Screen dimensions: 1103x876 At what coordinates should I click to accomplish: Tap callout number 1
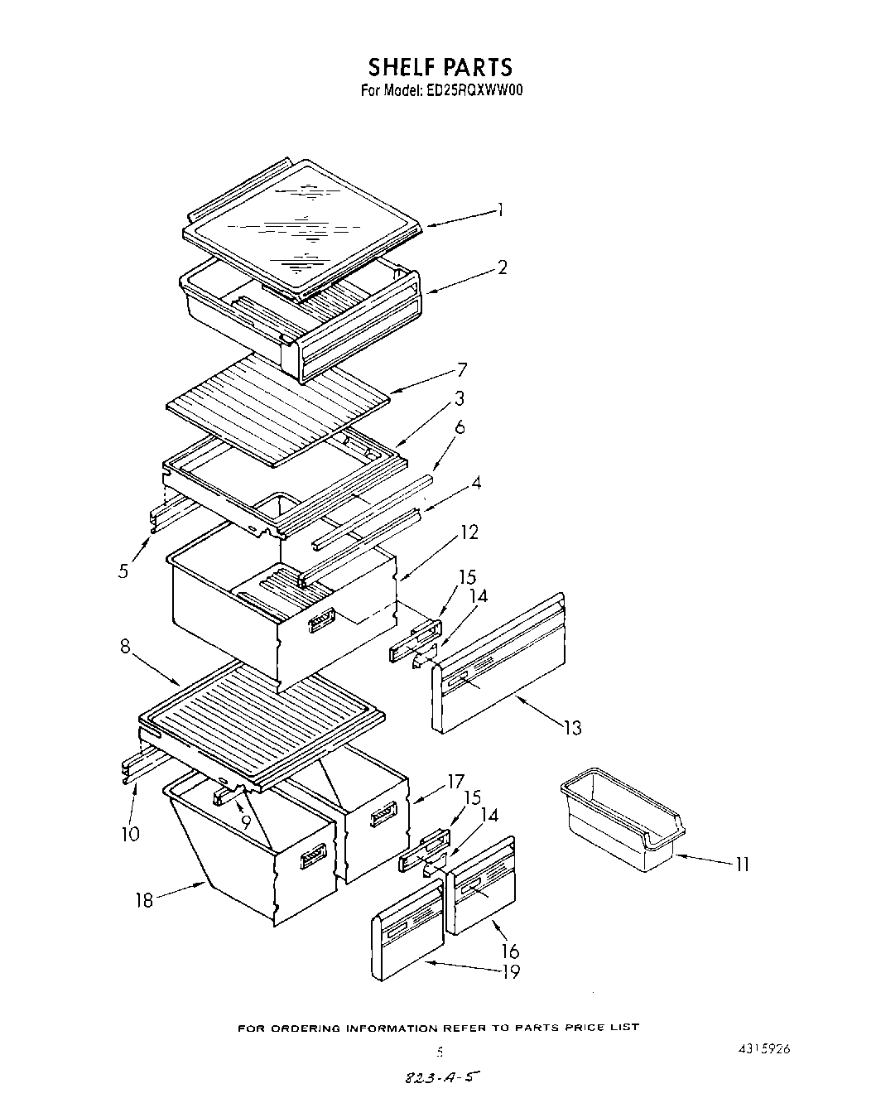coord(500,210)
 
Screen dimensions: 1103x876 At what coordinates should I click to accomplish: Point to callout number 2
coord(502,267)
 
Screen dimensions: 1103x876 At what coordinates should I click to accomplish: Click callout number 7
coord(462,370)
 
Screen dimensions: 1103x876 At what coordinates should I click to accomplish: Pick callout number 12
coord(469,532)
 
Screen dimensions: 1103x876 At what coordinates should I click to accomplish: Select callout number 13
coord(572,728)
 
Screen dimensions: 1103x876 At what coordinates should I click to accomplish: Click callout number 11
coord(742,865)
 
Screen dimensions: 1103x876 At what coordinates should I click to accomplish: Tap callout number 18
coord(145,899)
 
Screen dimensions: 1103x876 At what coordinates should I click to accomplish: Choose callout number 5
coord(123,571)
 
